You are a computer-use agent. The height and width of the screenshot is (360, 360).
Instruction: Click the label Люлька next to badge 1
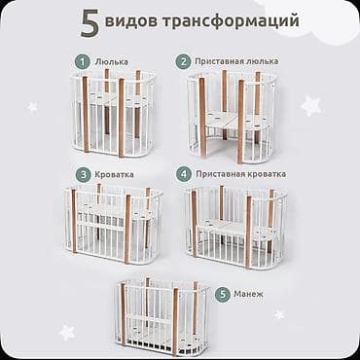click(x=112, y=61)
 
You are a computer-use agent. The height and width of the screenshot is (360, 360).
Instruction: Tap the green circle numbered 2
click(x=182, y=61)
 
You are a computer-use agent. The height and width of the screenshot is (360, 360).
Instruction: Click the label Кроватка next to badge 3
click(x=116, y=174)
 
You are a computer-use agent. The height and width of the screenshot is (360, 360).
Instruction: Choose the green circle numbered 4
click(x=182, y=174)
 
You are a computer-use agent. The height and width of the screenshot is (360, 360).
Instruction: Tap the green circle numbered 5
click(x=223, y=293)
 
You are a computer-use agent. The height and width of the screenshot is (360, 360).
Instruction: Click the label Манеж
click(x=253, y=293)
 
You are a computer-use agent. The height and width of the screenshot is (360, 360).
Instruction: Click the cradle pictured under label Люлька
click(x=114, y=113)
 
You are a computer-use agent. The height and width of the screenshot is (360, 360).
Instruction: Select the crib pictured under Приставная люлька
click(x=230, y=115)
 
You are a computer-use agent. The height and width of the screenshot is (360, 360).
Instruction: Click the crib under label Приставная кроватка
click(x=234, y=227)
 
